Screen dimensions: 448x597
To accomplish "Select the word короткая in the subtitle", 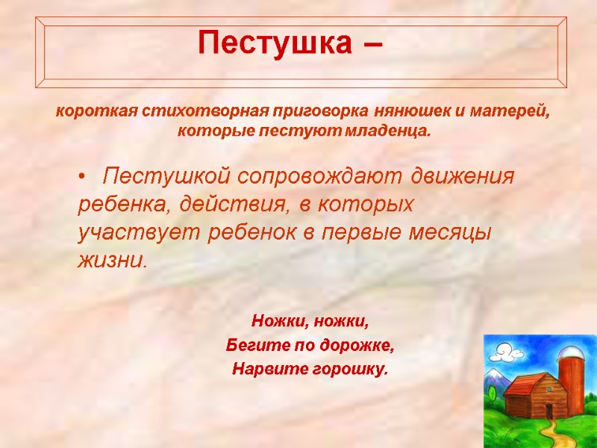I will click(84, 113).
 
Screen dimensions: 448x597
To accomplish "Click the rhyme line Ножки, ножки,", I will click(310, 322).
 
